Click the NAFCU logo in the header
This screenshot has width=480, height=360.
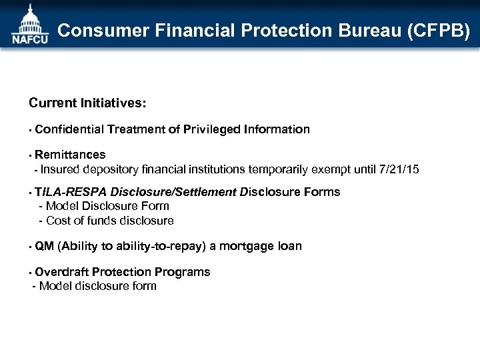click(29, 25)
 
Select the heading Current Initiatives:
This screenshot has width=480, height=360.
click(87, 104)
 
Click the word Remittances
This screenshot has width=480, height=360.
click(70, 155)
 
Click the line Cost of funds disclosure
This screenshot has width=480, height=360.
click(109, 221)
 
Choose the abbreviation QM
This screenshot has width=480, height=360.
click(44, 247)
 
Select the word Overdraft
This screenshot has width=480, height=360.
click(62, 272)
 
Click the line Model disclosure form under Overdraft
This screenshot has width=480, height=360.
click(97, 287)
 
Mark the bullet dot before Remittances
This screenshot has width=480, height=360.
click(31, 156)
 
